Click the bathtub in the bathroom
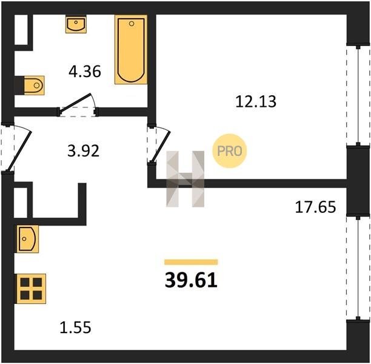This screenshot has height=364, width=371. (x=131, y=50)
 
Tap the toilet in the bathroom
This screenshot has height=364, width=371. (x=34, y=86)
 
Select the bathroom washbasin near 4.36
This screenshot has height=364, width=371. (x=76, y=24)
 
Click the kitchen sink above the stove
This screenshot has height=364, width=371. (x=27, y=238)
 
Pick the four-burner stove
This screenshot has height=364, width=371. (x=30, y=289)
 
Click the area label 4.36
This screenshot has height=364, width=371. (x=85, y=72)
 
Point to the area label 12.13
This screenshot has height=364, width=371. (x=256, y=101)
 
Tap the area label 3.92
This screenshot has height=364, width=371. (x=83, y=151)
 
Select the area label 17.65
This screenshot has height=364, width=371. (x=315, y=207)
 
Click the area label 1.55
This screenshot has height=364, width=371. (x=75, y=327)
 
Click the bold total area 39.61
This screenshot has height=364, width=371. (x=191, y=280)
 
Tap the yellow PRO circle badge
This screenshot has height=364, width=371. (x=230, y=151)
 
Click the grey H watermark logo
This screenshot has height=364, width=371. (x=185, y=179)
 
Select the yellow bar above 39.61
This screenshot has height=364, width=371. (x=191, y=261)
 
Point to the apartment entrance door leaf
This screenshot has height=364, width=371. (x=19, y=150)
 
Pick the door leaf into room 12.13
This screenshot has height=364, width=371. (x=161, y=147)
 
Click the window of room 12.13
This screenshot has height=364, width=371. (x=358, y=95)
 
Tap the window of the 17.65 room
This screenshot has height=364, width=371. (x=358, y=267)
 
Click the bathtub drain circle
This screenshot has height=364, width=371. (x=132, y=24)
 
